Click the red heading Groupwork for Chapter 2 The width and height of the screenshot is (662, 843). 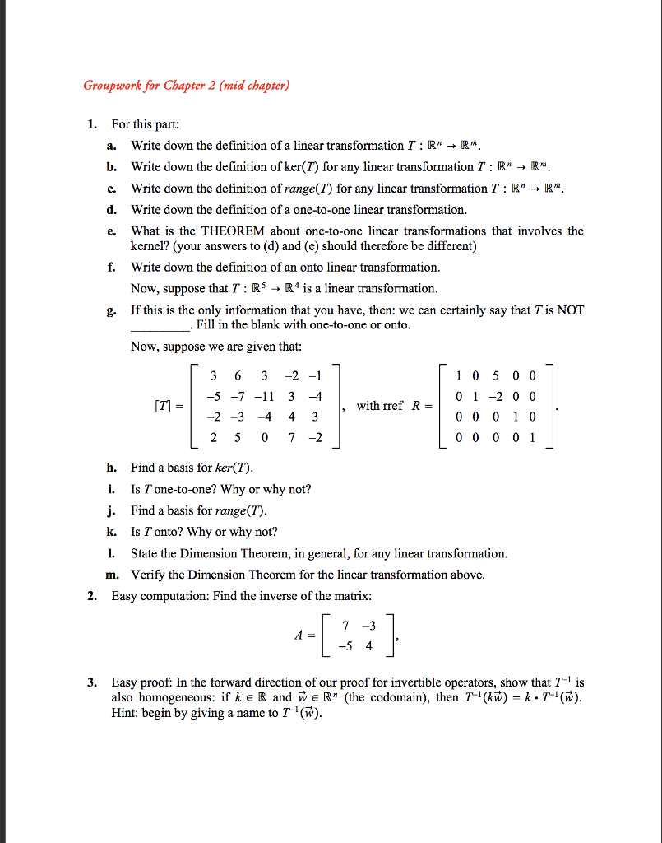(x=186, y=86)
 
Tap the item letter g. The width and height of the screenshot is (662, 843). (x=113, y=310)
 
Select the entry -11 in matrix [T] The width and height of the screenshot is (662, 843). (x=265, y=397)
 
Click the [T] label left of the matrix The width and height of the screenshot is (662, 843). (x=164, y=407)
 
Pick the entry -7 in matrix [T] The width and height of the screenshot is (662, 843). (x=238, y=397)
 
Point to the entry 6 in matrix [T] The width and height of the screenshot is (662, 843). (x=238, y=375)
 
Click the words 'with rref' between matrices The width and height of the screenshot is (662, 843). (x=381, y=406)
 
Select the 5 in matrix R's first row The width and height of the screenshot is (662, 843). (x=496, y=375)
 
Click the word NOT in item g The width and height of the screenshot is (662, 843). (x=569, y=310)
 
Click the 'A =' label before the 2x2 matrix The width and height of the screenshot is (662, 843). (x=303, y=636)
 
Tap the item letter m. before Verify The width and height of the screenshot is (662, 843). (x=112, y=575)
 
